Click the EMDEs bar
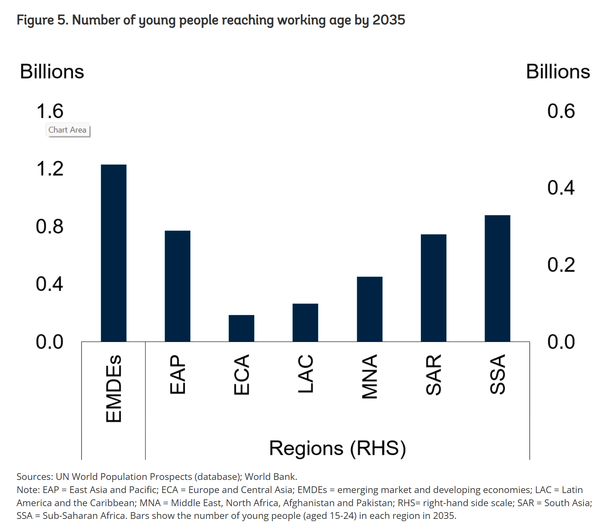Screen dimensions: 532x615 pyautogui.click(x=114, y=253)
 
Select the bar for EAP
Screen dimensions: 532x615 pyautogui.click(x=177, y=286)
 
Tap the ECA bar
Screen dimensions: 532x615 pyautogui.click(x=241, y=328)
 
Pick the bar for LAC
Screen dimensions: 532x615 pyautogui.click(x=305, y=323)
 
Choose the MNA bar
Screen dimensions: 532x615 pyautogui.click(x=370, y=309)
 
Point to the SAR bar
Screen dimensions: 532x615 pyautogui.click(x=433, y=288)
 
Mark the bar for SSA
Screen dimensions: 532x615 pyautogui.click(x=497, y=278)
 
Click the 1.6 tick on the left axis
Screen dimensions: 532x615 pyautogui.click(x=50, y=111)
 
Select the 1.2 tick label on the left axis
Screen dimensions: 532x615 pyautogui.click(x=50, y=169)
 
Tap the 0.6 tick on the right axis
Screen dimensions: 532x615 pyautogui.click(x=561, y=111)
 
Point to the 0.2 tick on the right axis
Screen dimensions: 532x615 pyautogui.click(x=561, y=265)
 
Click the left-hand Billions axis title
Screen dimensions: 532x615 pyautogui.click(x=52, y=72)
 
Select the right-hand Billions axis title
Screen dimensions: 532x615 pyautogui.click(x=558, y=72)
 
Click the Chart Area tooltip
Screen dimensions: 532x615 pyautogui.click(x=67, y=130)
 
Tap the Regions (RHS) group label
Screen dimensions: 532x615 pyautogui.click(x=337, y=448)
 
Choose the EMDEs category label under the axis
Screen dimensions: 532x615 pyautogui.click(x=114, y=389)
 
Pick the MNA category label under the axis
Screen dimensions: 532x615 pyautogui.click(x=370, y=376)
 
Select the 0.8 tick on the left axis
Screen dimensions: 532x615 pyautogui.click(x=50, y=227)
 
